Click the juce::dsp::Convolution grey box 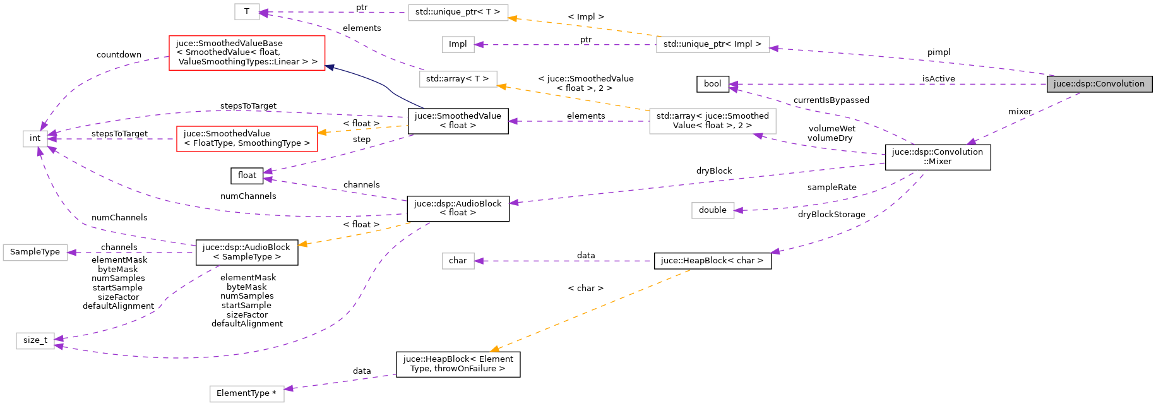[1099, 84]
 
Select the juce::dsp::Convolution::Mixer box [938, 157]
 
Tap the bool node [712, 84]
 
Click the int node [35, 138]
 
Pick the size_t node [35, 340]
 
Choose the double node [712, 210]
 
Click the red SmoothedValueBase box [247, 52]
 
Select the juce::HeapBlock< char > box [712, 261]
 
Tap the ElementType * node [246, 393]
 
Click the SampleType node [35, 252]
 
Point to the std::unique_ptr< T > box [458, 12]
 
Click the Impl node [458, 44]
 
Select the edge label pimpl [938, 52]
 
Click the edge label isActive [938, 79]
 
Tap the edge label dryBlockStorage [831, 215]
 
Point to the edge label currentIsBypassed [831, 100]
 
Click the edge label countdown [119, 55]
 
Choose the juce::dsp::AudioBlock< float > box [458, 208]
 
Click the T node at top [246, 11]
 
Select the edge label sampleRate [831, 188]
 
